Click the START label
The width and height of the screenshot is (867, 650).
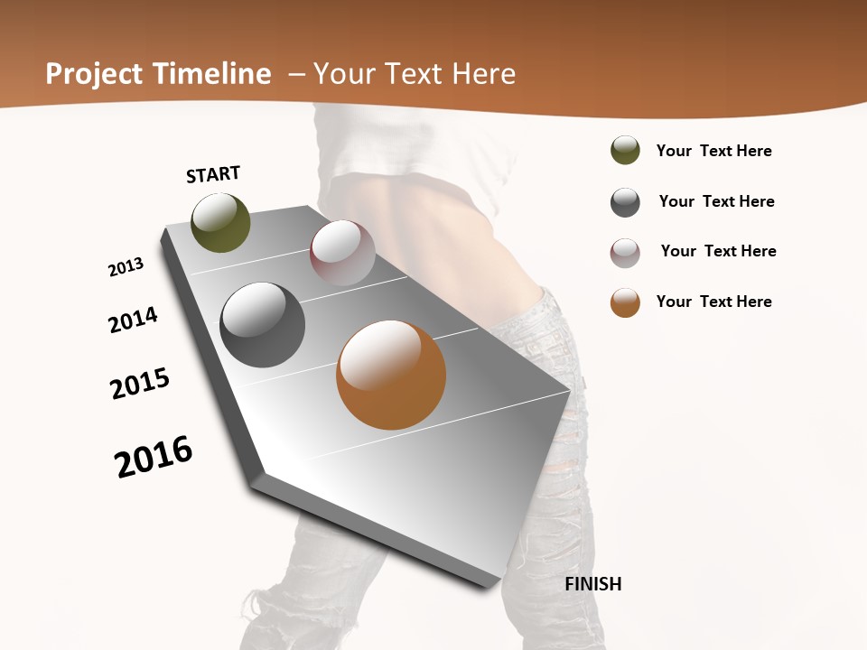(x=213, y=174)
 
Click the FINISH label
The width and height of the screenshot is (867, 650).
(x=593, y=584)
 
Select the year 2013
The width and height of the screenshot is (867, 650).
(x=126, y=267)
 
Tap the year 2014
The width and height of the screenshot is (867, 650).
(x=133, y=320)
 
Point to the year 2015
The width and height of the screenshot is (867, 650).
(x=140, y=384)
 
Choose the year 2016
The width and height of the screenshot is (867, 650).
(x=154, y=457)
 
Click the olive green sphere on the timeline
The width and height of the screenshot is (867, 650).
(x=220, y=223)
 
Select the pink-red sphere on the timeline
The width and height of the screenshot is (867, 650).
(x=342, y=253)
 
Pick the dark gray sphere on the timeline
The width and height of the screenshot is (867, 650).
(x=263, y=325)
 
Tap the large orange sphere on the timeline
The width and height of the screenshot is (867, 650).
(x=391, y=375)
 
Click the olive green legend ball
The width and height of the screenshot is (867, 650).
(x=625, y=150)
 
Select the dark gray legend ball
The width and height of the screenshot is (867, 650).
(x=625, y=202)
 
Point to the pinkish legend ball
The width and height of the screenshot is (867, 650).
(x=625, y=253)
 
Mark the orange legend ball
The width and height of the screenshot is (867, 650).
(x=625, y=302)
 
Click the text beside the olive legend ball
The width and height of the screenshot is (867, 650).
(x=713, y=151)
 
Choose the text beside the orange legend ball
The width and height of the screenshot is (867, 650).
(x=713, y=302)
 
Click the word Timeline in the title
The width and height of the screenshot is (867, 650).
(x=211, y=74)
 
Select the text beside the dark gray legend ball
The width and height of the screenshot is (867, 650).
(x=716, y=201)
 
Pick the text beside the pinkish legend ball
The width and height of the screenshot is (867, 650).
(x=718, y=251)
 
